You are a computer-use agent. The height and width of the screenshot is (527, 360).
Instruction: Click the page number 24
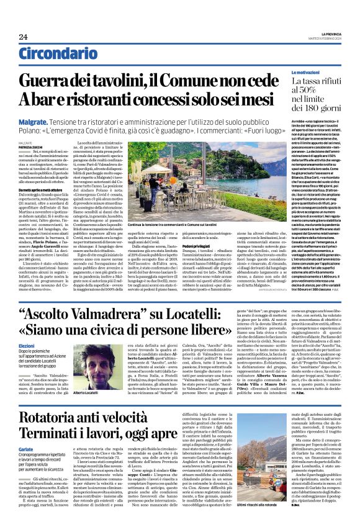click(x=24, y=37)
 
